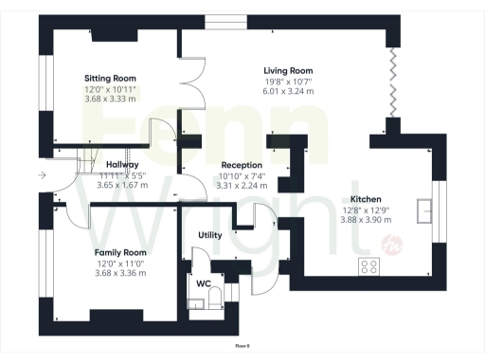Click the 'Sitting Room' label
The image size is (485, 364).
pos(111,78)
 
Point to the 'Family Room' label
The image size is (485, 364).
pos(120,252)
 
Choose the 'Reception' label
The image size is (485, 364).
pos(215,164)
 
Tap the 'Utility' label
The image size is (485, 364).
pos(210,234)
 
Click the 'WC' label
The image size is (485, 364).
pos(203,282)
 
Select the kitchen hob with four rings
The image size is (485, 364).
pos(368,266)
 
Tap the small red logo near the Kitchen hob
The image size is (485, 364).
pos(392,248)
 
